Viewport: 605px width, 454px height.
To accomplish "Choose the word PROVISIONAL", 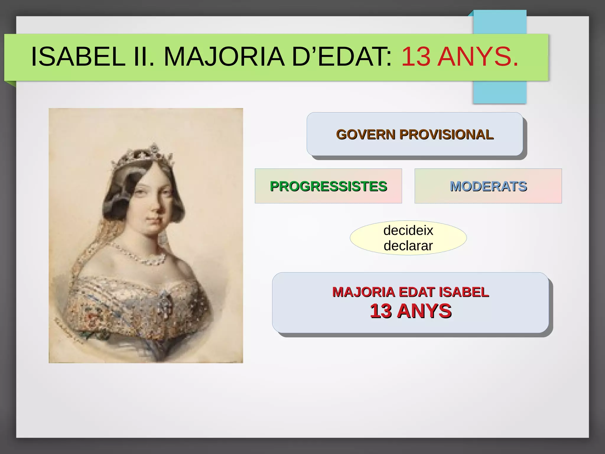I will (446, 134).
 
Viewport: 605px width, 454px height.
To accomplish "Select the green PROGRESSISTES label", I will (328, 186).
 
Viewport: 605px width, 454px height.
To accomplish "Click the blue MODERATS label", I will (488, 186).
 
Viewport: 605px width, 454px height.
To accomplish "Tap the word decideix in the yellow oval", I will (408, 230).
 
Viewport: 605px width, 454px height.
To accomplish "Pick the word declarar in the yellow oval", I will (408, 246).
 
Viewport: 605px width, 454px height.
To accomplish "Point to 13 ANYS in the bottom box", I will (411, 311).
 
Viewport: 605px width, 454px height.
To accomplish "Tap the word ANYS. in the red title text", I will (478, 56).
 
